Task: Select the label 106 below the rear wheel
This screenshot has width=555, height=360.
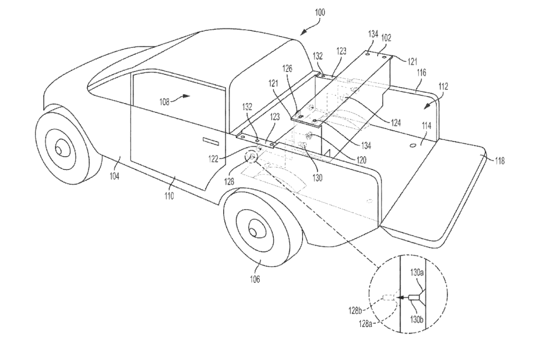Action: point(254,279)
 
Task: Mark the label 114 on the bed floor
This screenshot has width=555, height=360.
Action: point(427,125)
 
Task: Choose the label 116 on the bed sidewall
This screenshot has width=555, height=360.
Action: point(421,72)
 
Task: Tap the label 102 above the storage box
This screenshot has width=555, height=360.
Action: point(386,38)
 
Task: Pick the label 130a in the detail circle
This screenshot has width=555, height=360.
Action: point(416,272)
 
